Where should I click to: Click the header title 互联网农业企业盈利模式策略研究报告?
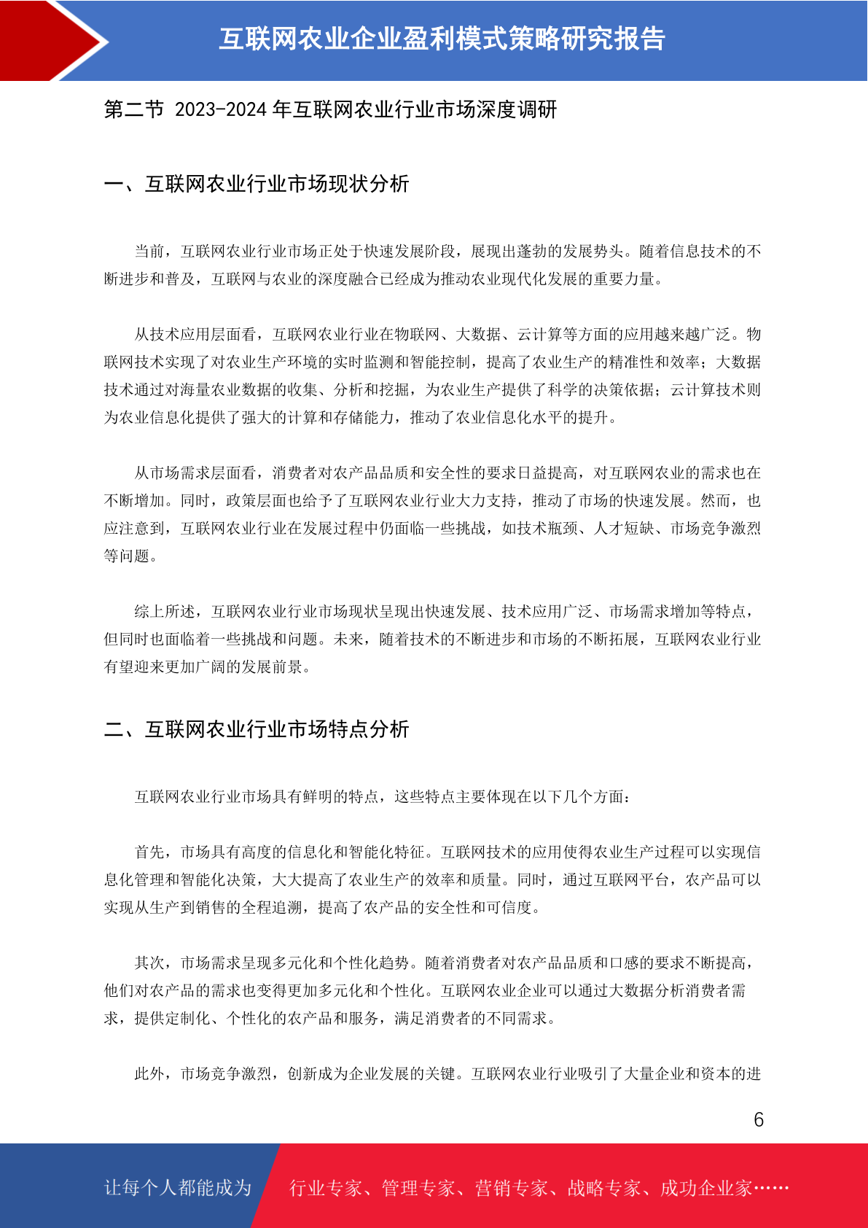tap(442, 39)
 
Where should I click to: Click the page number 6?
tap(759, 1119)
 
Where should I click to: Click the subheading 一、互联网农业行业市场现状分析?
tap(257, 184)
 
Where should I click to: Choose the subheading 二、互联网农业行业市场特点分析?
tap(257, 729)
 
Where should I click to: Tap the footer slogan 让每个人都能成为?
tap(178, 1188)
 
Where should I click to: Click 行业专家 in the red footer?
tap(326, 1189)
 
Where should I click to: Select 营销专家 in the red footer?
tap(511, 1189)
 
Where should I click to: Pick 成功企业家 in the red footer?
tap(705, 1189)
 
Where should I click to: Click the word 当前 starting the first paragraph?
tap(149, 252)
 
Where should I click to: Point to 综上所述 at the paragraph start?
tap(165, 612)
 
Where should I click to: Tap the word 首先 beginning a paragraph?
tap(149, 852)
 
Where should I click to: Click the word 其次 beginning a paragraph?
tap(149, 963)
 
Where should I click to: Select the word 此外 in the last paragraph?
tap(149, 1074)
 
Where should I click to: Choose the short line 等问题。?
tap(131, 556)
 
